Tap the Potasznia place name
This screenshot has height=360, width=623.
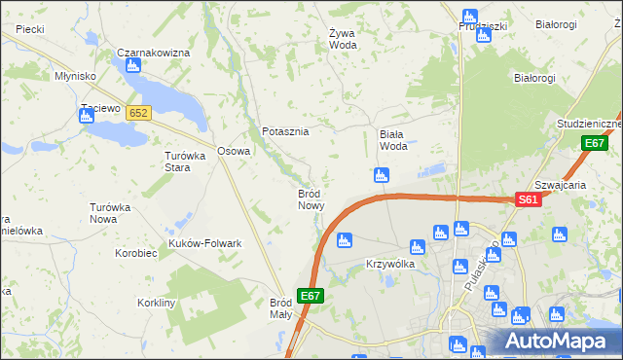coord(285,131)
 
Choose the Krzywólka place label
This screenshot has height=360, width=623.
coord(390,264)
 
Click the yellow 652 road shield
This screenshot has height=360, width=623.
coord(138,113)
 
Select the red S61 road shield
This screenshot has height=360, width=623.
coord(527,199)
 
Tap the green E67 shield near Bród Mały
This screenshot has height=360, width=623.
coord(310,295)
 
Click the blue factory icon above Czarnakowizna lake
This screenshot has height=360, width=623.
coord(132,66)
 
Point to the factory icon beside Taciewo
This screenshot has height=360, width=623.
coord(86,116)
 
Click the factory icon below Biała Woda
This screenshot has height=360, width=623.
coord(382,175)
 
